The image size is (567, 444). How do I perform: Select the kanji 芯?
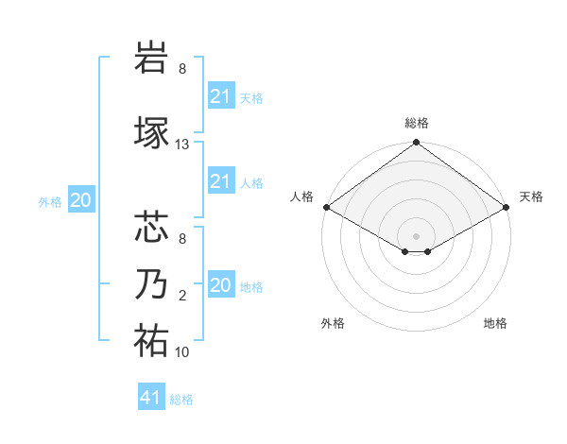pyautogui.click(x=151, y=227)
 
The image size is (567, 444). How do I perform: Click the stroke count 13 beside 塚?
pyautogui.click(x=182, y=145)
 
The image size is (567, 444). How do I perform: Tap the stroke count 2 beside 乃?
pyautogui.click(x=182, y=296)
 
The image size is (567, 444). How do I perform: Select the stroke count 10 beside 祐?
pyautogui.click(x=182, y=352)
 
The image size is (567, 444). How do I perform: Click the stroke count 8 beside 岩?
pyautogui.click(x=182, y=69)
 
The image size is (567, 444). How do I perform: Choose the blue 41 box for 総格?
pyautogui.click(x=151, y=398)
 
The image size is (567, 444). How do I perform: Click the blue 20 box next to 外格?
pyautogui.click(x=81, y=200)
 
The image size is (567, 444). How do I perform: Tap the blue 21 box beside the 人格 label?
pyautogui.click(x=220, y=181)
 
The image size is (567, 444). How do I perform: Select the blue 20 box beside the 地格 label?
pyautogui.click(x=220, y=285)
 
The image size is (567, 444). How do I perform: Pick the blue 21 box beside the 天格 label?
pyautogui.click(x=220, y=96)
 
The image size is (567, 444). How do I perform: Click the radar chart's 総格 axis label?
pyautogui.click(x=416, y=123)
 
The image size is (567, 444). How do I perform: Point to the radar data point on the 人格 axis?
pyautogui.click(x=325, y=207)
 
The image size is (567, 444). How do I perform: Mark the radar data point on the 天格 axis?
pyautogui.click(x=507, y=207)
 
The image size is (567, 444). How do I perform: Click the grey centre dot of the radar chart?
pyautogui.click(x=416, y=234)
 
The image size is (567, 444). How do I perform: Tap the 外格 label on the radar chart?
pyautogui.click(x=333, y=323)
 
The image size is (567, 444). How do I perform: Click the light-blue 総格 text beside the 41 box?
pyautogui.click(x=181, y=400)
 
